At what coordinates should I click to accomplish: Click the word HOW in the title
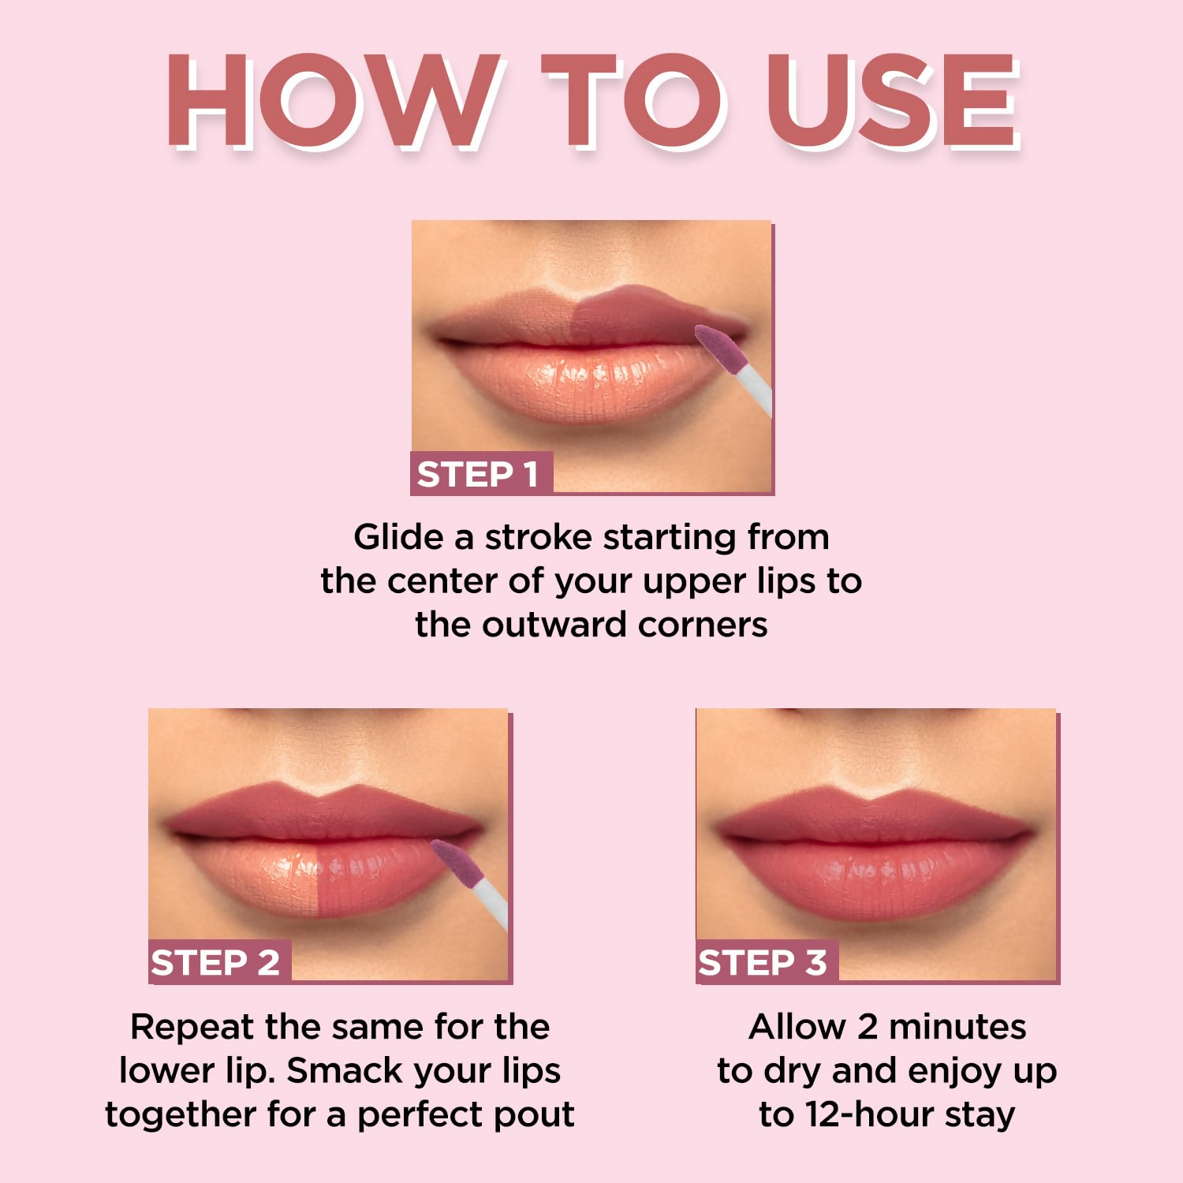point(331,101)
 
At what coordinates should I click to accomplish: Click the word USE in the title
point(891,101)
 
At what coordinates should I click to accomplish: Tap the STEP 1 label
point(479,474)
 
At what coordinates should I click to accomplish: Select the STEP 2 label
point(216,962)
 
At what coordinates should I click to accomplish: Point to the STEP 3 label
point(763,962)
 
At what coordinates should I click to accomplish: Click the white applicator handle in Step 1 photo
point(756,390)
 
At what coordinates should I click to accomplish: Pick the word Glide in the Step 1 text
point(398,537)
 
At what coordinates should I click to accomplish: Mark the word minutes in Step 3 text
point(957,1027)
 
